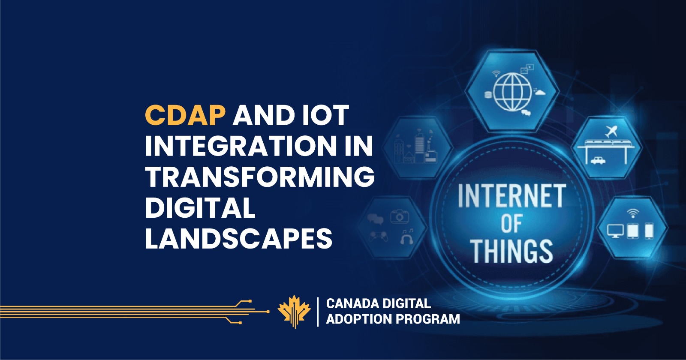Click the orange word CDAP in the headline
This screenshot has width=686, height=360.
click(x=185, y=115)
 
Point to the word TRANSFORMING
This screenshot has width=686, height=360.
click(x=260, y=177)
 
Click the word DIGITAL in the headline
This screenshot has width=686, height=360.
click(x=200, y=207)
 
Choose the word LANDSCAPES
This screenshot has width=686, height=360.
click(x=239, y=238)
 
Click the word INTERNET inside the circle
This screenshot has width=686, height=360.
click(x=511, y=196)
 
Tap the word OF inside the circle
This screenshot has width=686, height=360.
click(x=511, y=224)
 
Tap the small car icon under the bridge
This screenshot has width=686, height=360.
click(x=598, y=161)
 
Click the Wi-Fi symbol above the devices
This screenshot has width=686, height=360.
click(x=632, y=213)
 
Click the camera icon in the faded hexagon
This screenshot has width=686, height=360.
click(x=399, y=216)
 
